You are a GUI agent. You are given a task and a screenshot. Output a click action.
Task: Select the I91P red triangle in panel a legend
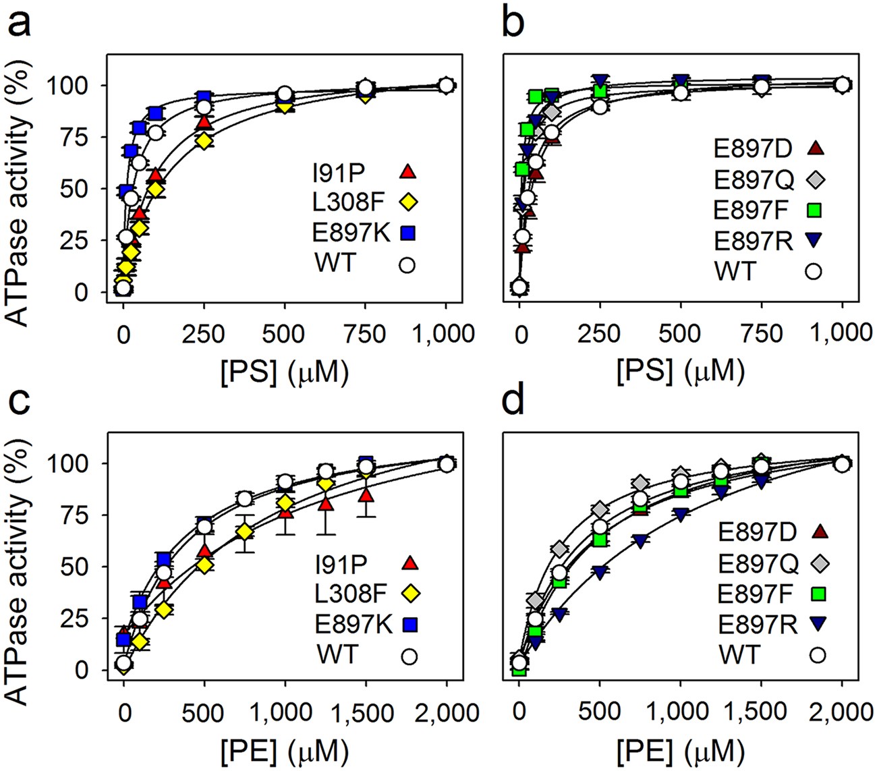click(407, 171)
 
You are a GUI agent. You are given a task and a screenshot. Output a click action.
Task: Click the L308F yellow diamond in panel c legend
click(407, 594)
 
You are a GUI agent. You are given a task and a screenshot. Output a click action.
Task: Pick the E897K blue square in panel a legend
click(407, 233)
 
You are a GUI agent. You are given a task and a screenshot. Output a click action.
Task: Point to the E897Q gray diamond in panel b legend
click(814, 179)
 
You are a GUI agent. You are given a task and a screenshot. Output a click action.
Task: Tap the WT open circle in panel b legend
click(814, 271)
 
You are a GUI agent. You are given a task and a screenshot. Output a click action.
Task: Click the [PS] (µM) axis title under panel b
click(680, 371)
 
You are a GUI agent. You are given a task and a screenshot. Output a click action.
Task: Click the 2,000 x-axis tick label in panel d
click(841, 712)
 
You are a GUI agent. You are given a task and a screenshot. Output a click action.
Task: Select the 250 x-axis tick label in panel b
click(600, 334)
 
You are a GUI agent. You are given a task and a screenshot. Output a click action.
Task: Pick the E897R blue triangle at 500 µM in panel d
click(600, 573)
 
